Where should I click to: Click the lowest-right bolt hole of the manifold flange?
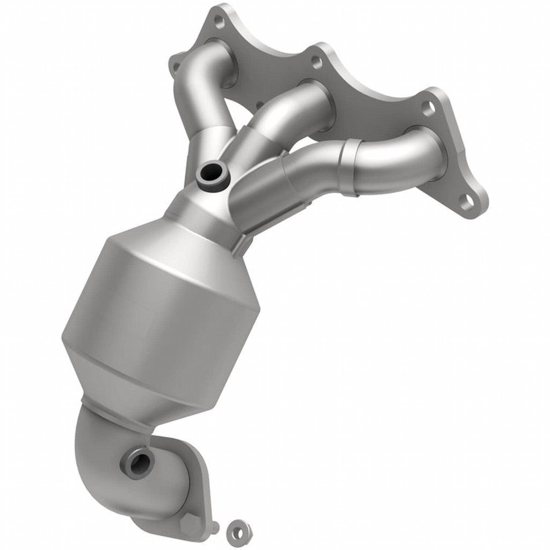pyautogui.click(x=469, y=200)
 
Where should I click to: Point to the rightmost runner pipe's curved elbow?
pyautogui.click(x=397, y=156)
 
